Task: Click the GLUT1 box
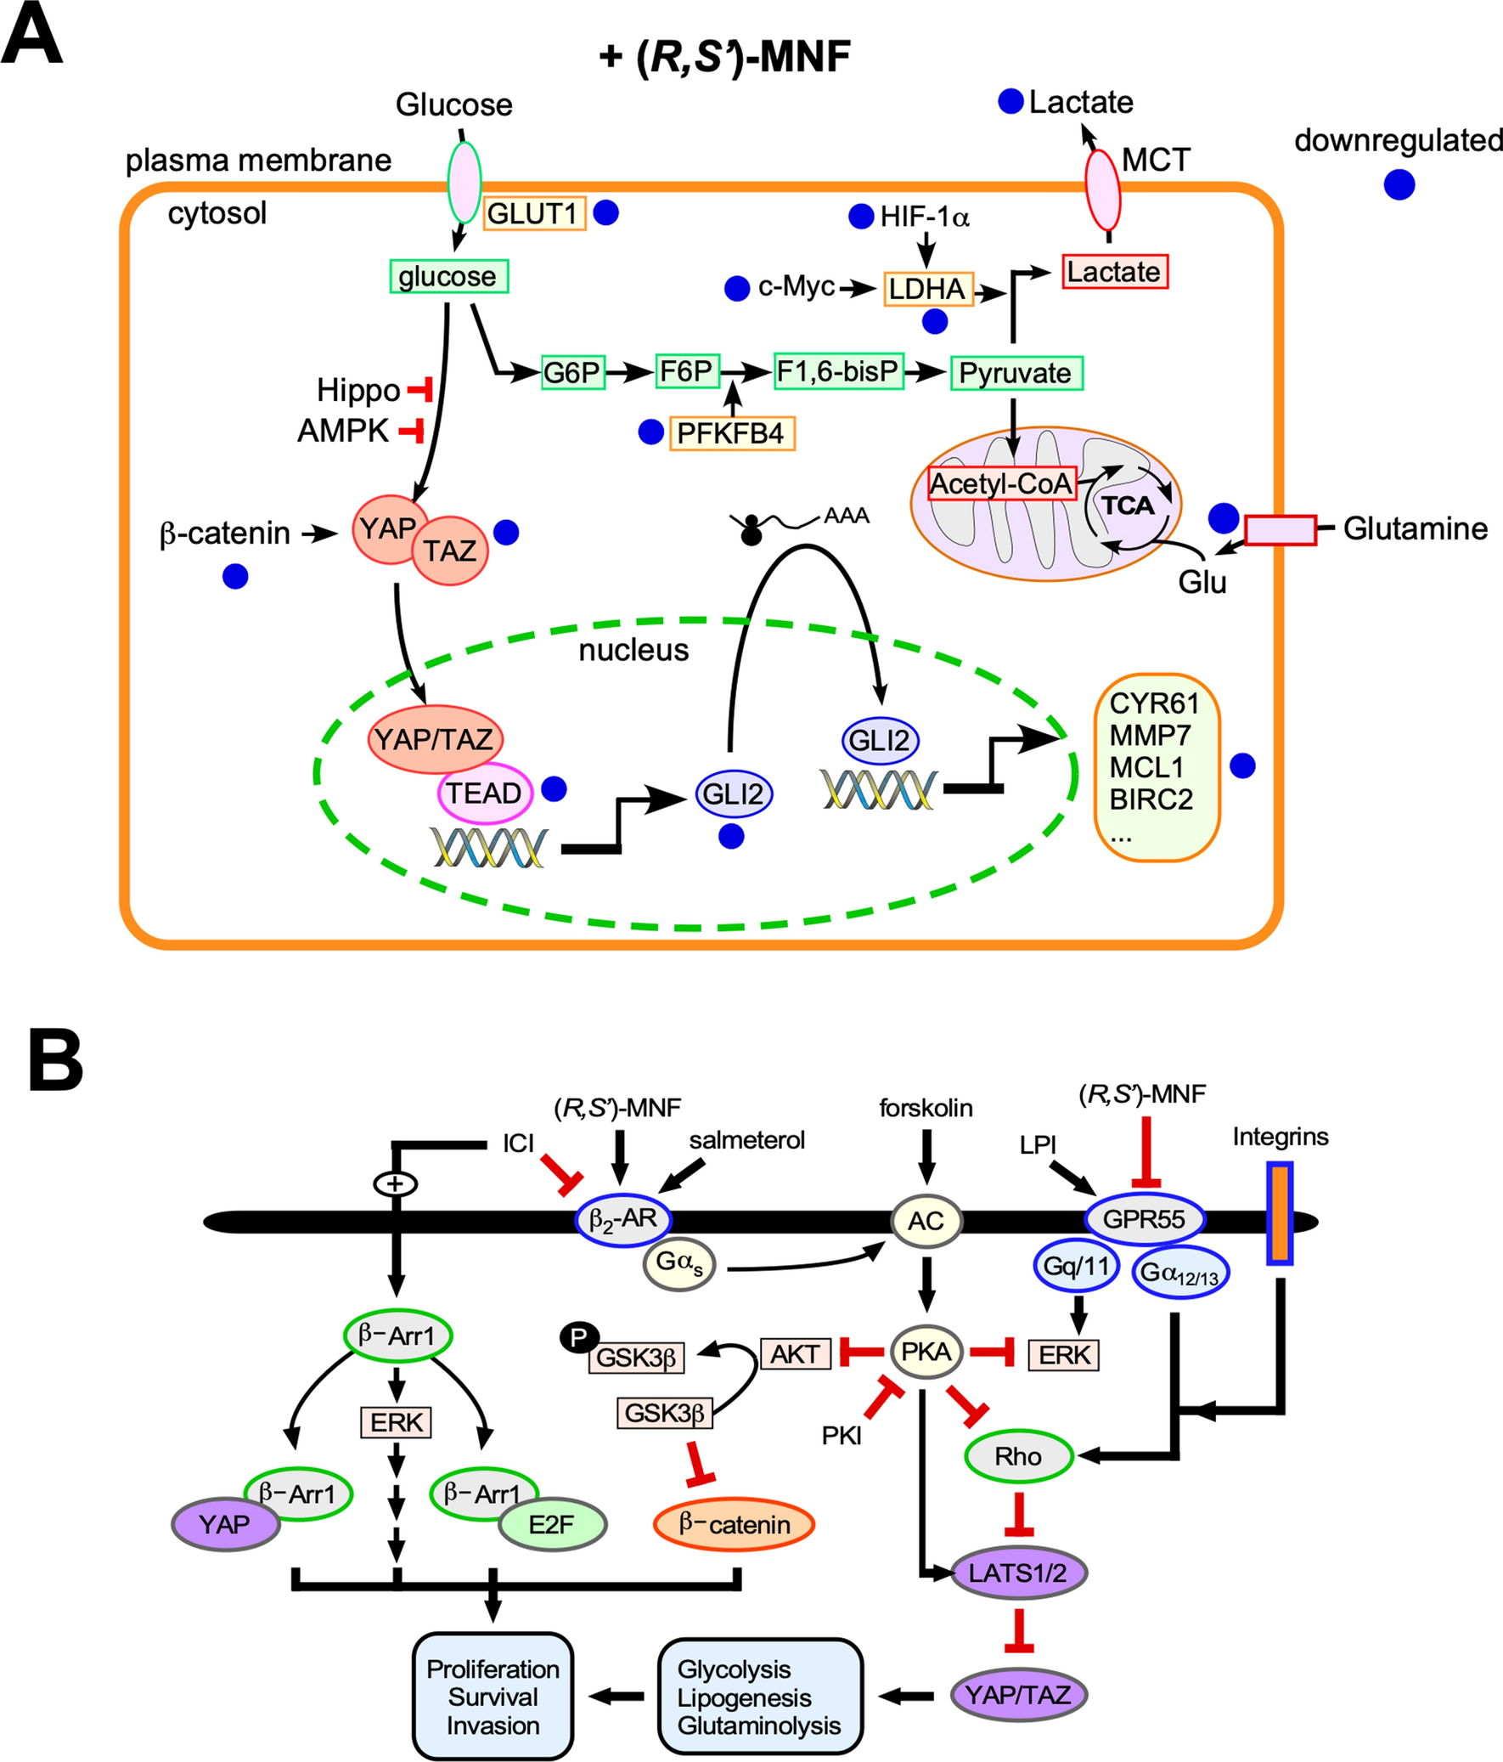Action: pos(534,213)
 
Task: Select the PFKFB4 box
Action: pos(731,433)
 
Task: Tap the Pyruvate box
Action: pos(1015,372)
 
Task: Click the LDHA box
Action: pos(927,289)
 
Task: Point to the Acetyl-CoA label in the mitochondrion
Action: pos(1001,484)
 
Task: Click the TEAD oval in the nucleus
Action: pos(485,793)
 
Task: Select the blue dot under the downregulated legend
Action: pos(1399,184)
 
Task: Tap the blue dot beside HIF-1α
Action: pos(861,217)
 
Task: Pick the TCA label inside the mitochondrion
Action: pos(1129,506)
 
